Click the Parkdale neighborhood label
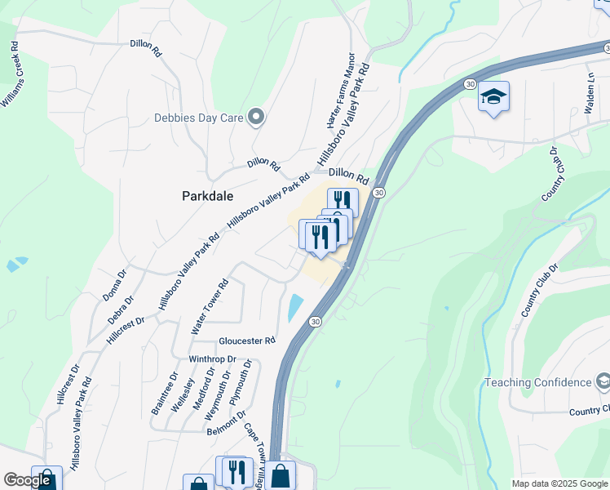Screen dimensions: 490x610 pos(207,197)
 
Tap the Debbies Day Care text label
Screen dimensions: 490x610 pos(199,118)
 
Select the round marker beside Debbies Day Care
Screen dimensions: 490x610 pos(257,118)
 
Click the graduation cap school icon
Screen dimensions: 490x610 pos(493,97)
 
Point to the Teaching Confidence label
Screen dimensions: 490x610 pos(537,382)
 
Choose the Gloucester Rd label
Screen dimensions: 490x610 pos(247,341)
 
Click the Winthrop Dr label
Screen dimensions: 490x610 pos(212,359)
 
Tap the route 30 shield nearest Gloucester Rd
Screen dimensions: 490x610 pos(315,322)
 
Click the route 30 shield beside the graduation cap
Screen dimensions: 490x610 pos(470,84)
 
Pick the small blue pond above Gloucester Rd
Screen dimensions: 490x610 pos(294,308)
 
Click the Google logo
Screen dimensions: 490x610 pos(27,480)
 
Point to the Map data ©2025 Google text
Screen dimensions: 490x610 pos(559,483)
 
